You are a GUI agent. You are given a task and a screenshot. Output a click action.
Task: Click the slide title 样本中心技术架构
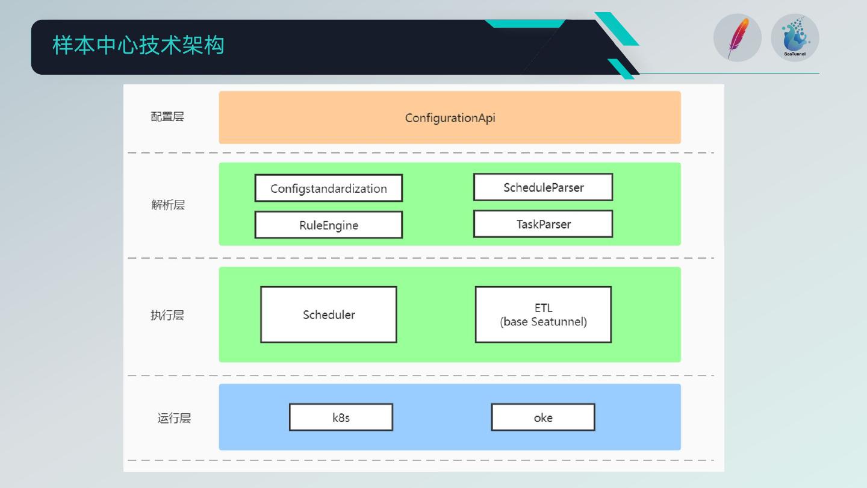click(x=138, y=46)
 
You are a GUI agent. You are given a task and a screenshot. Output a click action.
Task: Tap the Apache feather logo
click(x=737, y=38)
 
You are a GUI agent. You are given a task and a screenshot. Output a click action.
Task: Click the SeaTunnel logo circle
click(x=795, y=37)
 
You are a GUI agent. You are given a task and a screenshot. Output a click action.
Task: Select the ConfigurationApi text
click(x=450, y=118)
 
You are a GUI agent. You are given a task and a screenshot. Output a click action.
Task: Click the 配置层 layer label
click(x=167, y=117)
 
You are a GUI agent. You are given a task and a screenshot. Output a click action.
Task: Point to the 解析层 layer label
click(x=168, y=205)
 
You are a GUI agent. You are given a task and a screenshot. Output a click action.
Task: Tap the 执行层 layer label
click(x=167, y=315)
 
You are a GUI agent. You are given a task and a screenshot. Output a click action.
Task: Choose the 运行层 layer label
click(x=174, y=418)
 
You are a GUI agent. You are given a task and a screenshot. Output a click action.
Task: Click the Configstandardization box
click(x=329, y=189)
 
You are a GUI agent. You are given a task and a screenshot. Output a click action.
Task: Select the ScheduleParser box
click(x=543, y=187)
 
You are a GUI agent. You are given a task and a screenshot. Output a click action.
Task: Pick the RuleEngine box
click(x=329, y=225)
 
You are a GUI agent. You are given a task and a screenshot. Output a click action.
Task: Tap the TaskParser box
click(x=543, y=224)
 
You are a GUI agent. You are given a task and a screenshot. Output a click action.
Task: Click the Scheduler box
click(x=329, y=314)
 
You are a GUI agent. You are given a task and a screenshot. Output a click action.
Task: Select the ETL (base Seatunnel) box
click(x=543, y=314)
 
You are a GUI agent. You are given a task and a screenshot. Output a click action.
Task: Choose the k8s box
click(x=341, y=418)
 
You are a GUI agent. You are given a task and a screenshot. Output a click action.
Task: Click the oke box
click(x=543, y=418)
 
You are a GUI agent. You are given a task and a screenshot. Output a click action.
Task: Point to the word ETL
click(x=543, y=308)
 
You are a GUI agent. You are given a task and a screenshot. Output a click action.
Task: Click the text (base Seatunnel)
click(x=543, y=322)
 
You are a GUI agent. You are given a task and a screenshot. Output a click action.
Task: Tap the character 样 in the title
click(x=62, y=46)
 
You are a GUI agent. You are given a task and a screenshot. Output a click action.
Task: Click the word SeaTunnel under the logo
click(x=795, y=54)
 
